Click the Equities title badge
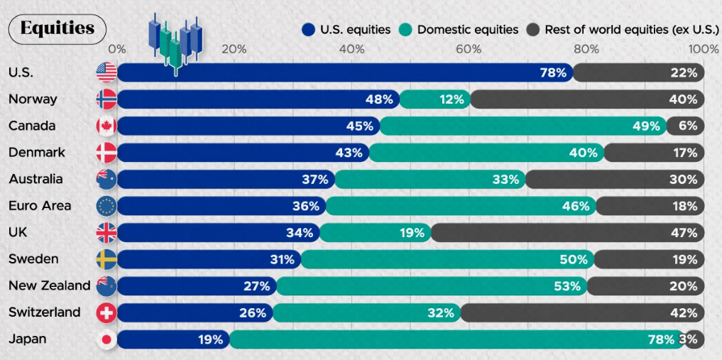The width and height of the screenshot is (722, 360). click(x=57, y=28)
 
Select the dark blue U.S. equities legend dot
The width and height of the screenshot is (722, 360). click(x=308, y=30)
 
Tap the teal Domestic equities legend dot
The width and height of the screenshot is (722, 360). click(x=405, y=30)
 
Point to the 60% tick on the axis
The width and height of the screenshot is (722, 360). click(x=469, y=49)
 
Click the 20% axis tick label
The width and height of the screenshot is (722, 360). click(x=234, y=49)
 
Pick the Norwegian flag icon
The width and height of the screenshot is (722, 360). click(x=106, y=99)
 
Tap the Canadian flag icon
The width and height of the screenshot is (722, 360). click(x=106, y=126)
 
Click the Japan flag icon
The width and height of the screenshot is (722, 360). click(x=106, y=339)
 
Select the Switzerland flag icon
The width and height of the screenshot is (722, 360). click(x=106, y=312)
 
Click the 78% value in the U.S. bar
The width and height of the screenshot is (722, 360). click(x=552, y=72)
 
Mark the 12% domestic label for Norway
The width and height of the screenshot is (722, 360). click(x=451, y=99)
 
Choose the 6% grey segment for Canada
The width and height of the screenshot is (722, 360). click(x=687, y=126)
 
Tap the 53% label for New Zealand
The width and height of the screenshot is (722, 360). click(x=567, y=286)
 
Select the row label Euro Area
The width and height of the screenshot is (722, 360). click(x=39, y=206)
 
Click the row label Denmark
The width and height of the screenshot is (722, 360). click(x=36, y=153)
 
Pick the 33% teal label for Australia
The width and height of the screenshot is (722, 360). click(x=505, y=180)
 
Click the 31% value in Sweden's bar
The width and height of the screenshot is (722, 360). click(x=282, y=259)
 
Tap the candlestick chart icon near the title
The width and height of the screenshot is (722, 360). click(x=175, y=43)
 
